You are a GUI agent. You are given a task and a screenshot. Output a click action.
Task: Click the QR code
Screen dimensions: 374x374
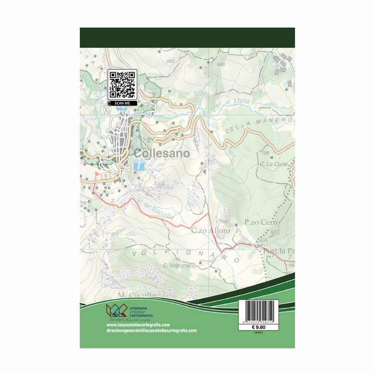click(x=123, y=85)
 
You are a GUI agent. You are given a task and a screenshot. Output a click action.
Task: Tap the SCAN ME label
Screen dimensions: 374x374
click(x=123, y=103)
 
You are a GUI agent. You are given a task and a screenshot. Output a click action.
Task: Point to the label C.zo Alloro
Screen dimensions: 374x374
click(x=210, y=230)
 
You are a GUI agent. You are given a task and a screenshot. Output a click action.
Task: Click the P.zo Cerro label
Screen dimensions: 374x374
click(x=259, y=222)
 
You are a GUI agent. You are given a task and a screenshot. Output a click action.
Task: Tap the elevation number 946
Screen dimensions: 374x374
click(x=224, y=221)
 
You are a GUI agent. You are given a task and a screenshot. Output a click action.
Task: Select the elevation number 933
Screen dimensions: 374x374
click(x=275, y=232)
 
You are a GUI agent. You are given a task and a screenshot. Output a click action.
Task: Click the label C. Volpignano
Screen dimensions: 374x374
click(x=179, y=265)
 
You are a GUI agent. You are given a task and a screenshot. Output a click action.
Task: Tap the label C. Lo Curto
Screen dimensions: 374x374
click(x=274, y=164)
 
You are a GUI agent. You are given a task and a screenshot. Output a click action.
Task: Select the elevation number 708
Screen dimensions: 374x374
click(x=265, y=153)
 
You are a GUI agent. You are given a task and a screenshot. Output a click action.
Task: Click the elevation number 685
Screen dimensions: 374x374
click(x=171, y=61)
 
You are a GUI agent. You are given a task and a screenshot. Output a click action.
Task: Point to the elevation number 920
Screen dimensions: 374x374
click(x=115, y=234)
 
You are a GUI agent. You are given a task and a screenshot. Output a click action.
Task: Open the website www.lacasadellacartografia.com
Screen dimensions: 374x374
click(x=135, y=325)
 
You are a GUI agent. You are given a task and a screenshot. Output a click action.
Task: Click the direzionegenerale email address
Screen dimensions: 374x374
click(x=148, y=331)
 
